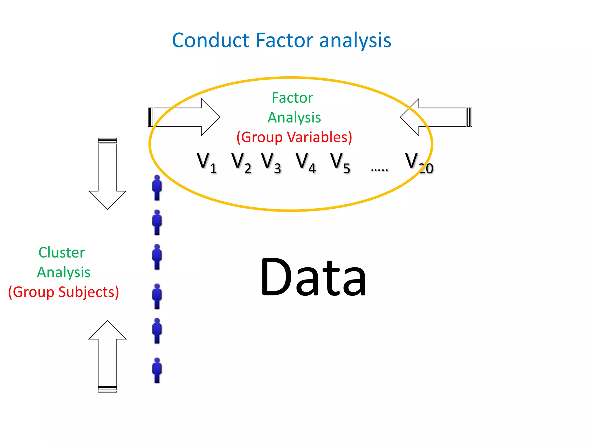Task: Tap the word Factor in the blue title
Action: click(284, 40)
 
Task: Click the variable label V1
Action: click(206, 163)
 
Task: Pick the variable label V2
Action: click(241, 163)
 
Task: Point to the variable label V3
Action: click(271, 163)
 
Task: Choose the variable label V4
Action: click(305, 163)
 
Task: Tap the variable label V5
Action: click(340, 163)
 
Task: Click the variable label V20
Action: click(418, 163)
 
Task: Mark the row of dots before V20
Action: click(379, 170)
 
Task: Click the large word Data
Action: click(313, 277)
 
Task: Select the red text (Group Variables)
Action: click(294, 137)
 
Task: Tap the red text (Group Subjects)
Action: click(63, 292)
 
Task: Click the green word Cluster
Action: click(62, 253)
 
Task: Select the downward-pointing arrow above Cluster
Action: click(107, 173)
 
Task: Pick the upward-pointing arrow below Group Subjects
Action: click(107, 356)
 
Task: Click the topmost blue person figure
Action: click(157, 188)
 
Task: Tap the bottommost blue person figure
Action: click(157, 370)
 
